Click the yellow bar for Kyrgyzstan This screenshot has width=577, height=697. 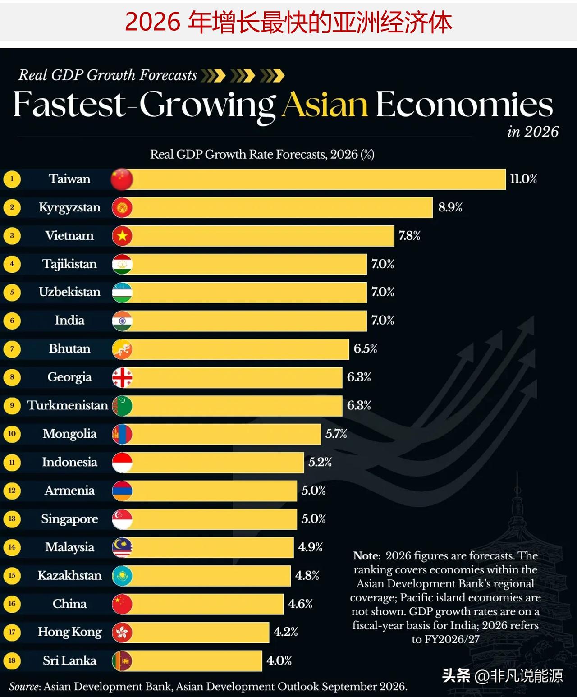(277, 208)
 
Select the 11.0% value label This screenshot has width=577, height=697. (523, 179)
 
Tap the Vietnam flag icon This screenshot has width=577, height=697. (122, 236)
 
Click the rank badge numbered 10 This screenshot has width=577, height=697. (12, 434)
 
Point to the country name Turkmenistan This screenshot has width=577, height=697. (68, 405)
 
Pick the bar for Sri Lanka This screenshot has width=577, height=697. (192, 660)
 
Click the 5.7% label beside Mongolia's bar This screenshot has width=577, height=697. (336, 434)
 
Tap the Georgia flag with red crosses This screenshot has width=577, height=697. (122, 377)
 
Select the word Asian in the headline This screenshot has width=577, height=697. (325, 105)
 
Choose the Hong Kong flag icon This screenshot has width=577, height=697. (122, 632)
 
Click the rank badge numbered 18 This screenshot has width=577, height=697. (12, 660)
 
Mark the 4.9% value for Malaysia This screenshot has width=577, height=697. (310, 547)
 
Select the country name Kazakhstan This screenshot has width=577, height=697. (70, 575)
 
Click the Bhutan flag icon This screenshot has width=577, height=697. (122, 349)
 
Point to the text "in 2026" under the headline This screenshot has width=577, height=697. (533, 132)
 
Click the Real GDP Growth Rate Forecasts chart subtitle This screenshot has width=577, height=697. (262, 155)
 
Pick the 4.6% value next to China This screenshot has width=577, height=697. (300, 604)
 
